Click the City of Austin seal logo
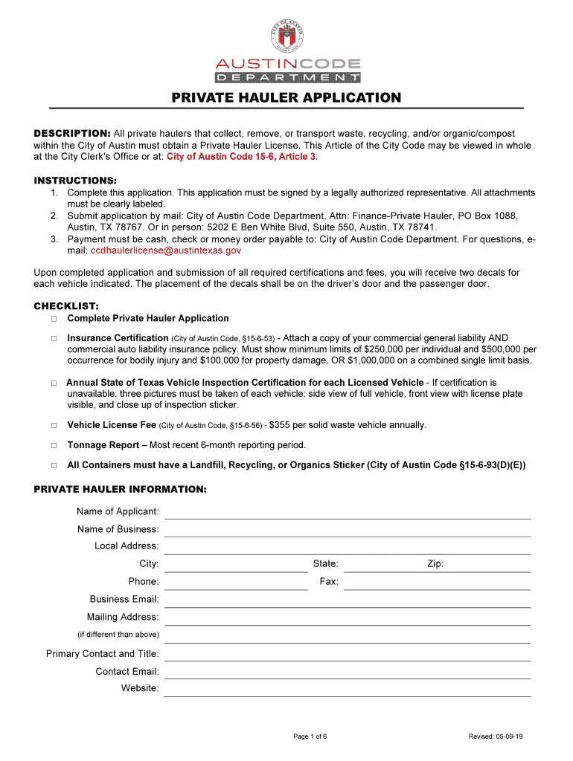pos(287,34)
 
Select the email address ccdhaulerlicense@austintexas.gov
pos(166,251)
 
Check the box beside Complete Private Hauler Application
pos(54,319)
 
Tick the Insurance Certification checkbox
pos(54,338)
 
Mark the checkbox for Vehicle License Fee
pos(54,426)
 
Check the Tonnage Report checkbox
pos(54,445)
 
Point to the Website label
pos(140,688)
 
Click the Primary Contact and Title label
pos(103,654)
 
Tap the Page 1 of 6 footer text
pos(310,736)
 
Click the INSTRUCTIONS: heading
pos(75,181)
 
